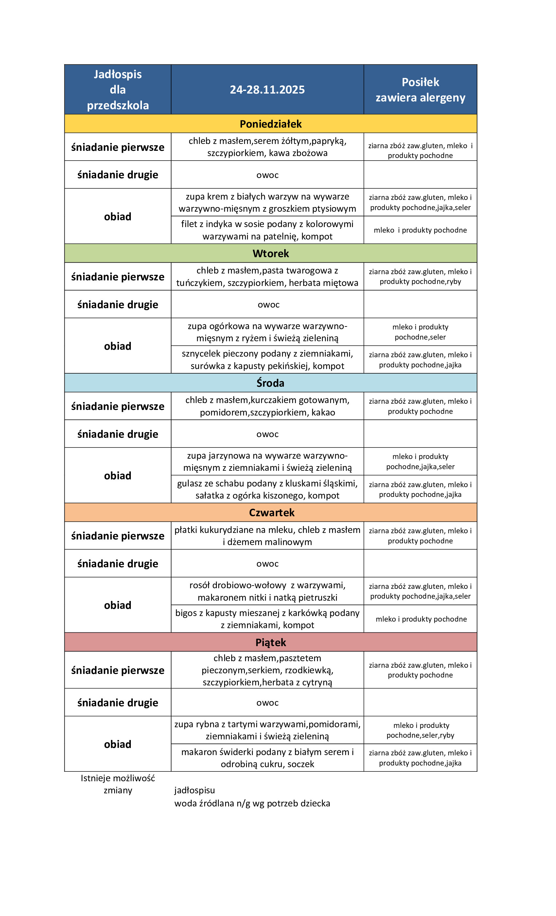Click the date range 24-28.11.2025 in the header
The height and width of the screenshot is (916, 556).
click(x=267, y=90)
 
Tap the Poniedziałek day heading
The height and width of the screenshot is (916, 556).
click(x=270, y=124)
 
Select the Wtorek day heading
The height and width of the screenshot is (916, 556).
click(x=270, y=254)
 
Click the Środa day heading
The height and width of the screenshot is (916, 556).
click(x=270, y=383)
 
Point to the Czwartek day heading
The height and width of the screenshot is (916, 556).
click(x=271, y=513)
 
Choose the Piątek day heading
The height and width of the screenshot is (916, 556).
click(x=270, y=643)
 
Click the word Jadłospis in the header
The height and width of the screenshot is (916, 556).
click(x=117, y=74)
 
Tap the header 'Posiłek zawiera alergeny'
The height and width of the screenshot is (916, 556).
click(x=420, y=90)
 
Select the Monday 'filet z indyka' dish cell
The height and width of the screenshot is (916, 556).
click(x=267, y=230)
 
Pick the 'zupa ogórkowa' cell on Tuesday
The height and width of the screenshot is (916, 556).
click(x=267, y=332)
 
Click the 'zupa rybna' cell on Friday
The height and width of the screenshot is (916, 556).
click(x=267, y=730)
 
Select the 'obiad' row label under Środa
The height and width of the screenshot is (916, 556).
click(x=117, y=476)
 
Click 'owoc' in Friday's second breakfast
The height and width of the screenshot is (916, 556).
click(x=267, y=703)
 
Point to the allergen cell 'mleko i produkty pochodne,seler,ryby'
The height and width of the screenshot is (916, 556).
click(x=420, y=730)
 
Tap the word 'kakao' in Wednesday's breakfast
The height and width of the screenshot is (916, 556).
click(x=323, y=413)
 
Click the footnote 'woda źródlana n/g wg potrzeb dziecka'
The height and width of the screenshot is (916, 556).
click(x=252, y=803)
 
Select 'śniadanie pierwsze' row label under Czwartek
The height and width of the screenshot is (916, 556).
click(x=117, y=536)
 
